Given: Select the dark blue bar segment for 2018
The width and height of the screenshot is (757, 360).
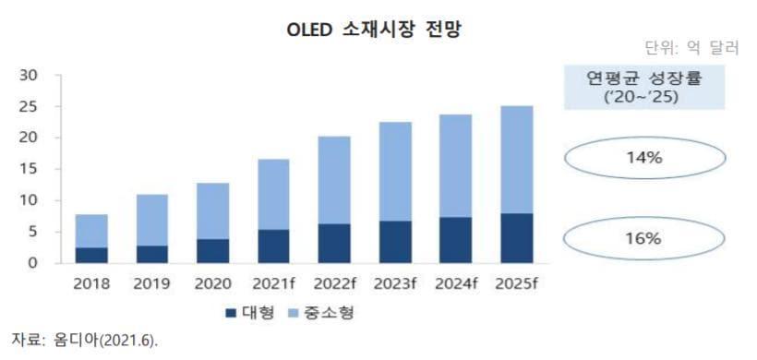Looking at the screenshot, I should pos(91,255).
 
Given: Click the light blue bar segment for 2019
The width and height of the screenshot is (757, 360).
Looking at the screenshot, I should pos(151,220).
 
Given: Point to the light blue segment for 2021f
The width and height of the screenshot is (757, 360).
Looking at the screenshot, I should pos(272,194).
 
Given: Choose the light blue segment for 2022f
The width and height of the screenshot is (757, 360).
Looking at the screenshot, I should pos(333,180).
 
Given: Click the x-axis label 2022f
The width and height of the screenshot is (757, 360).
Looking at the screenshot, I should pos(333,284).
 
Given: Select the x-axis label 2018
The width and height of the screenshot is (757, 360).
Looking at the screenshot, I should pos(91,284).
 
